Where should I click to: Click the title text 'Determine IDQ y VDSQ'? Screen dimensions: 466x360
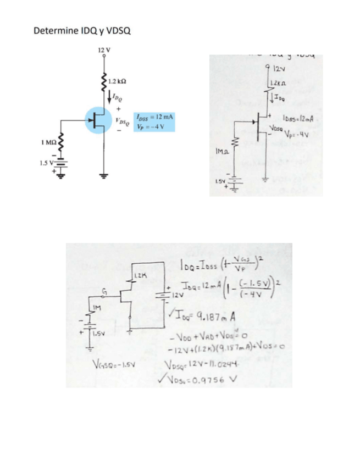[82, 30]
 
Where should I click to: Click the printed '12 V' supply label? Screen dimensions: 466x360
[103, 50]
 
